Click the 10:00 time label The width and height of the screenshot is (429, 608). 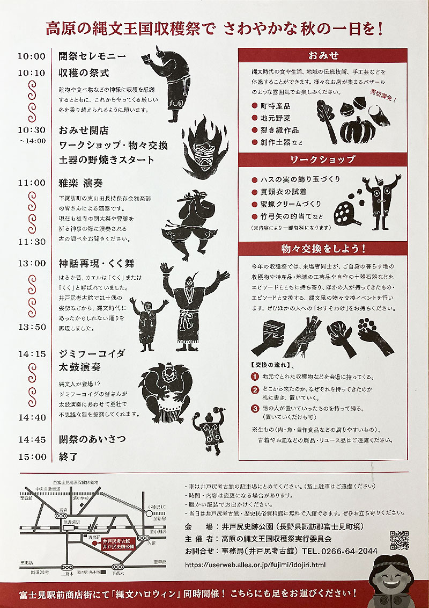click(32, 56)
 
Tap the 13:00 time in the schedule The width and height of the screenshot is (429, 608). click(32, 263)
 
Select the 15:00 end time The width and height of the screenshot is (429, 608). click(32, 457)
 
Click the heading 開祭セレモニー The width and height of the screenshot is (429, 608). click(92, 56)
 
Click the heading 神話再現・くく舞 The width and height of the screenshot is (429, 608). click(97, 263)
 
